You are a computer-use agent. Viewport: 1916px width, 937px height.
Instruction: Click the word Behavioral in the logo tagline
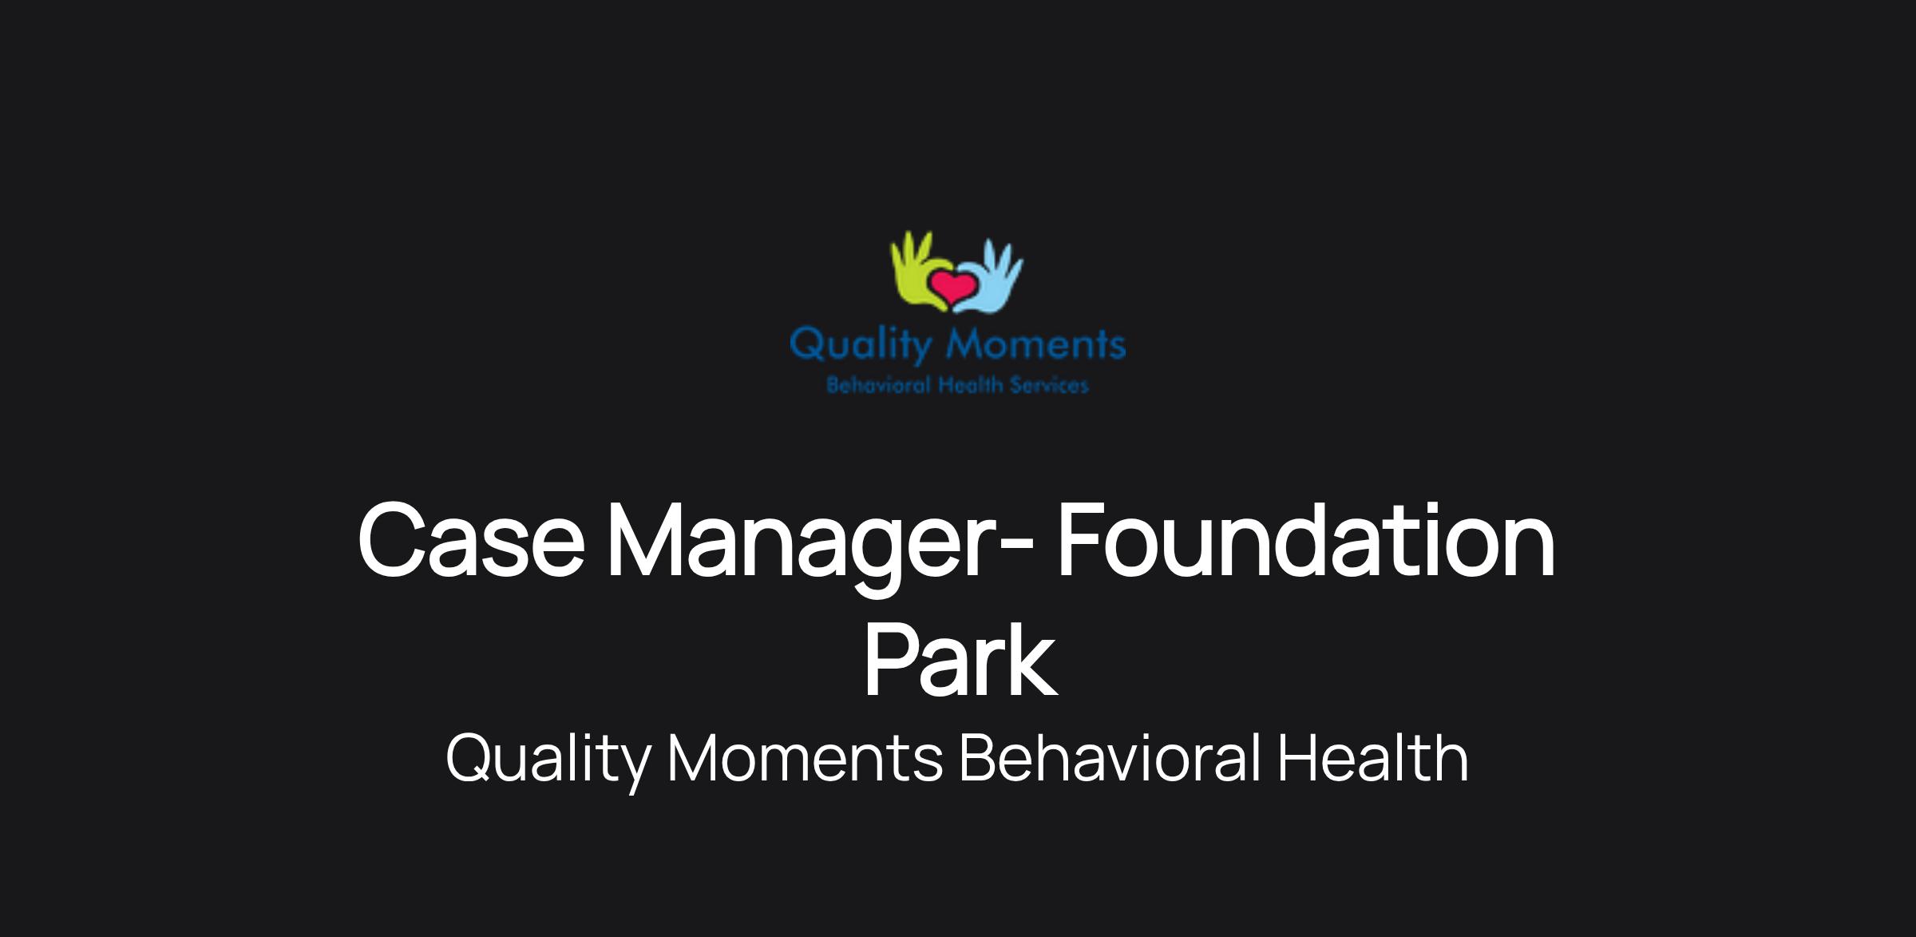tap(879, 386)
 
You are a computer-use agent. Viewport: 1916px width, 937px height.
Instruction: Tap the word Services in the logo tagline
tap(1049, 386)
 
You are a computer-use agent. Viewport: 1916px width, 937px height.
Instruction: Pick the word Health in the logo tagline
tap(970, 386)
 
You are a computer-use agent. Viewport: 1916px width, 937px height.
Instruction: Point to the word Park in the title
tap(960, 661)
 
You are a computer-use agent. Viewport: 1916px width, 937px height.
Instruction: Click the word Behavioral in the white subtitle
tap(1110, 757)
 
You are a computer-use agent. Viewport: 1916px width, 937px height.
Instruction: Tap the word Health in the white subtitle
tap(1373, 757)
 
